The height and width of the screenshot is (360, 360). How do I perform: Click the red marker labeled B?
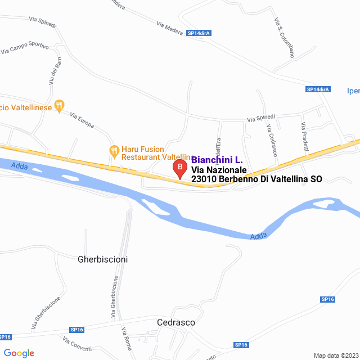[x=179, y=168]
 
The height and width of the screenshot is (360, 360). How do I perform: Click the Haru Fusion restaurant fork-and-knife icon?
[x=114, y=150]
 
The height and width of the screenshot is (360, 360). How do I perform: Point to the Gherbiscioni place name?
[x=102, y=259]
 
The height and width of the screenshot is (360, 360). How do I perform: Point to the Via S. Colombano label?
[x=284, y=38]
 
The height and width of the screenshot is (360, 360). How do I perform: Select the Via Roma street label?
[x=125, y=338]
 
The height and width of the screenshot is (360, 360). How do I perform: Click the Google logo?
[x=19, y=353]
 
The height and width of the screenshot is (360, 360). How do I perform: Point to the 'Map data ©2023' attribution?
[x=335, y=355]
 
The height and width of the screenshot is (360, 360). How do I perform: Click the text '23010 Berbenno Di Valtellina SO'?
[x=256, y=179]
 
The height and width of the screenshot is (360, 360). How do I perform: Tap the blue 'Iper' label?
[x=353, y=91]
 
